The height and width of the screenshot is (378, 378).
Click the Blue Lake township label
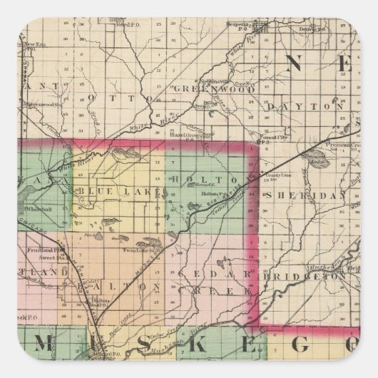click(x=108, y=190)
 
